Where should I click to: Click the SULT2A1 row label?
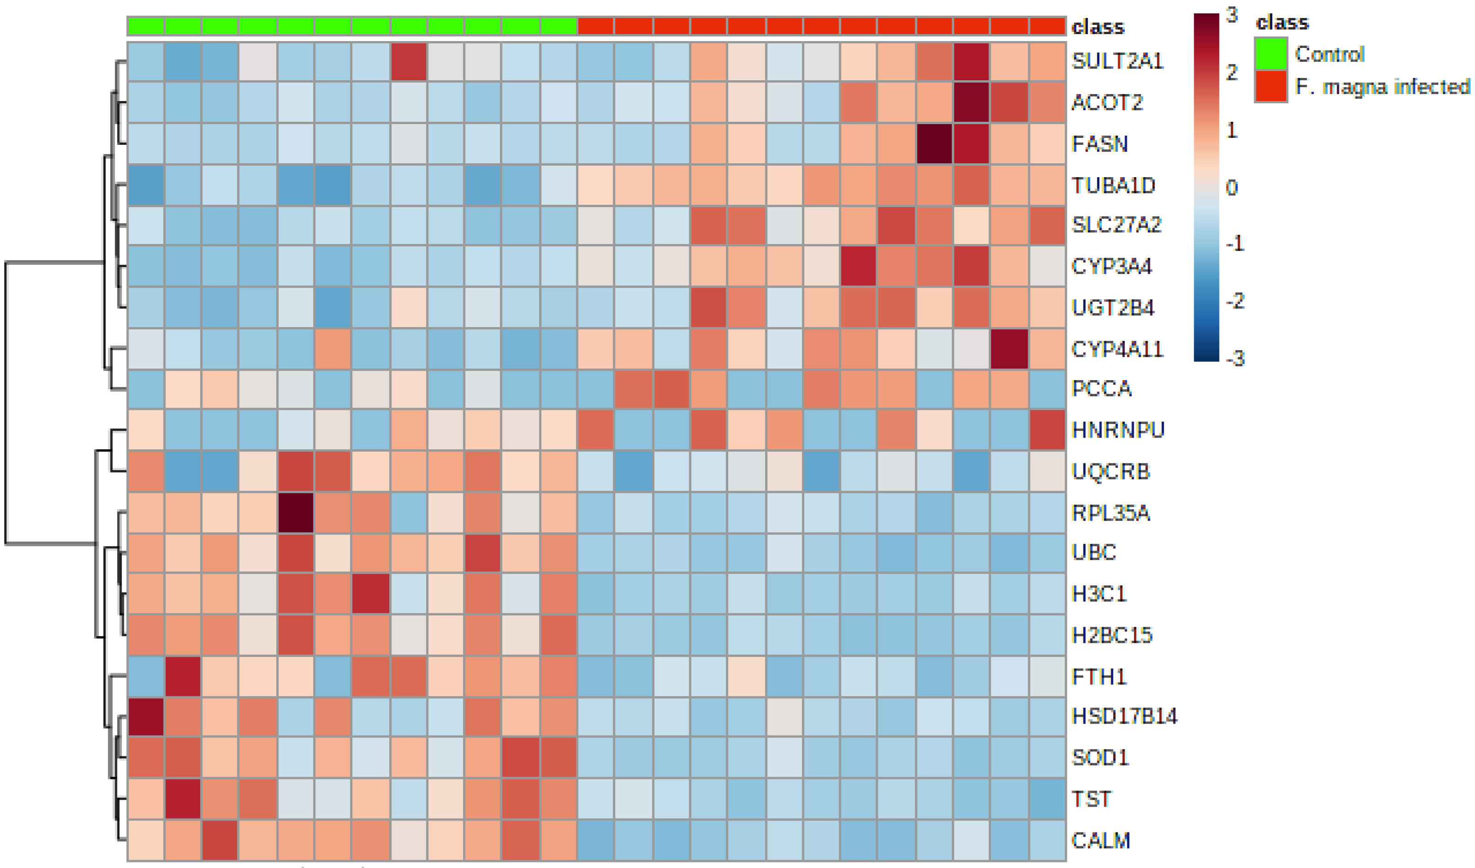coord(1117,61)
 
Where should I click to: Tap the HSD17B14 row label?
coord(1124,716)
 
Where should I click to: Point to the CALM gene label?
coord(1101,840)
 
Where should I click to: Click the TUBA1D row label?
coord(1113,185)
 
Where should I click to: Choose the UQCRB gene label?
coord(1110,471)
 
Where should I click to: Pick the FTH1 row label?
coord(1099,677)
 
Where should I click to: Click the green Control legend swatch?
coord(1270,54)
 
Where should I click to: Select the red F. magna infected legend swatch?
coord(1270,87)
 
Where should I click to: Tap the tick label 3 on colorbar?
coord(1232,15)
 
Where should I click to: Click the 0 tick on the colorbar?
coord(1232,187)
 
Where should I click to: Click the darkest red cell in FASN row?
coord(934,143)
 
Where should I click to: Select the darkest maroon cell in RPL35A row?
coord(296,513)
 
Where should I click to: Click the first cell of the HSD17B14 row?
coord(146,716)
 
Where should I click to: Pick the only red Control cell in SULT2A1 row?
coord(409,61)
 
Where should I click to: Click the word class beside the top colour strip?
coord(1097,27)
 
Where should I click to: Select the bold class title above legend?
coord(1282,22)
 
